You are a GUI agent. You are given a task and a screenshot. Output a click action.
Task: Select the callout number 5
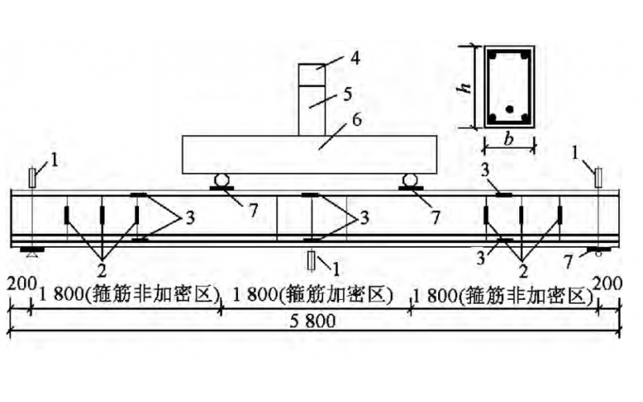[346, 93]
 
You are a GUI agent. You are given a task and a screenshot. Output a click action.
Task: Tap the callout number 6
[356, 121]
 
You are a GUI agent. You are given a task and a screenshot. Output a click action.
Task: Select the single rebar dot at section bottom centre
[509, 109]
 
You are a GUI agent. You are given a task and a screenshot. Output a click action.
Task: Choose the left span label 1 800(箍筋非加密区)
[125, 295]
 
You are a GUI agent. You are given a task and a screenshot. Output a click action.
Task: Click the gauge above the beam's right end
[597, 175]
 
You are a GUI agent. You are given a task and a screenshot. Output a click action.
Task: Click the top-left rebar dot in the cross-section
[494, 57]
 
